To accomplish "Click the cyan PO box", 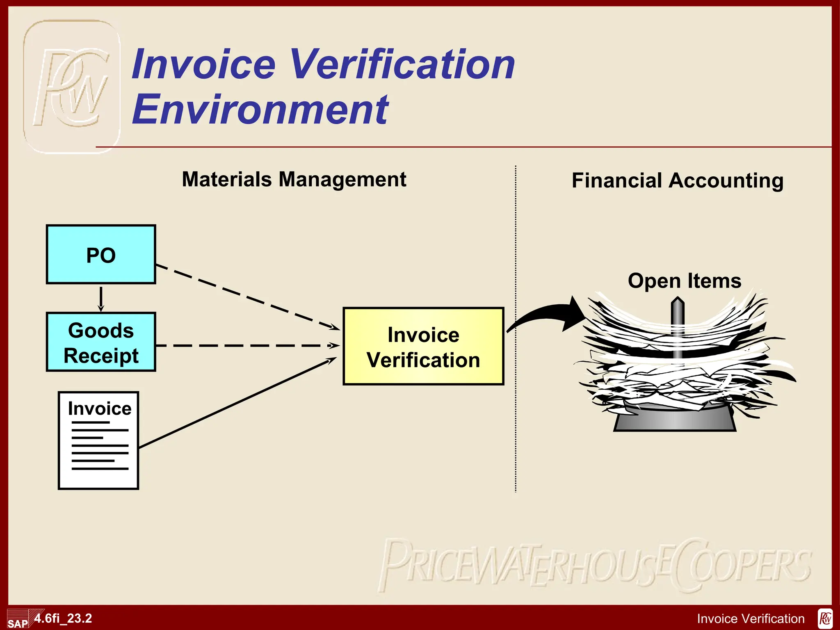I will click(x=101, y=254).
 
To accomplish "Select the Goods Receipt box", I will click(x=101, y=342).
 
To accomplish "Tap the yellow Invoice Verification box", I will click(x=423, y=347).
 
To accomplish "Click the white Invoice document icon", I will click(x=98, y=440).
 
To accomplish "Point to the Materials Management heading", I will click(x=294, y=180).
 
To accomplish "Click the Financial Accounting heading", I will click(x=678, y=181).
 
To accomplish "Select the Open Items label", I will click(x=685, y=281).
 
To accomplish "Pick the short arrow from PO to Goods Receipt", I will click(x=101, y=298).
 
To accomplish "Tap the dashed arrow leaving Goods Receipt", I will click(x=246, y=345).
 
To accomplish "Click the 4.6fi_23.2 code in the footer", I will click(x=63, y=618).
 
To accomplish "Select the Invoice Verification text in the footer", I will click(x=751, y=619).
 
